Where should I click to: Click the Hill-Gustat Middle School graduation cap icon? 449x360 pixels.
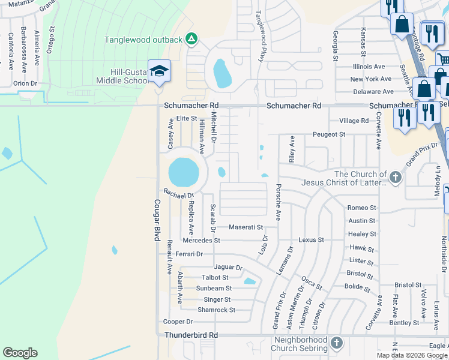[159, 71]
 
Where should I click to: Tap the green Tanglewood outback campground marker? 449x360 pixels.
[191, 39]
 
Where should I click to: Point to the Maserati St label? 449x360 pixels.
[246, 227]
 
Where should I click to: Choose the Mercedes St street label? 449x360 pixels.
[201, 241]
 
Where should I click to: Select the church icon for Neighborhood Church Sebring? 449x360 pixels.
[337, 343]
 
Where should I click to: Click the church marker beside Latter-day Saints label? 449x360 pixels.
[395, 177]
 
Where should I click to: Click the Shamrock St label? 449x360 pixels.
[216, 310]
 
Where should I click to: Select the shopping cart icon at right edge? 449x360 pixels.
[443, 59]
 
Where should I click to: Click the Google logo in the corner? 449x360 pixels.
[20, 353]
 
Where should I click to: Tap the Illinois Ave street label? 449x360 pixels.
[369, 67]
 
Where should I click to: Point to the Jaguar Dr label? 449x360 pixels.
[228, 267]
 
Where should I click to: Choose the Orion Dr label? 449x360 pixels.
[25, 83]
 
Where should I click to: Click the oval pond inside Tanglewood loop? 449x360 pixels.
[221, 73]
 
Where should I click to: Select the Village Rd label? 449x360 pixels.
[354, 121]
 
